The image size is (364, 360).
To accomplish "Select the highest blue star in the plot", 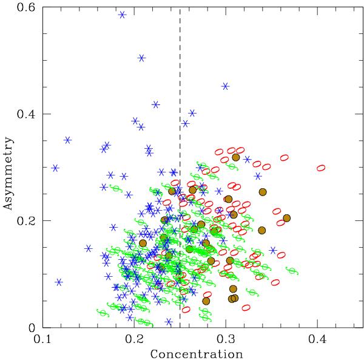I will (x=122, y=15).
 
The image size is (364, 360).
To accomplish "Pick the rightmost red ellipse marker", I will (x=321, y=168).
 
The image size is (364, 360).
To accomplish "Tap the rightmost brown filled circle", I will (x=287, y=218).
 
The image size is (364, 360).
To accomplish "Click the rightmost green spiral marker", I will (x=292, y=271).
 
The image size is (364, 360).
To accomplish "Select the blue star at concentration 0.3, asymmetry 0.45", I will (x=225, y=86).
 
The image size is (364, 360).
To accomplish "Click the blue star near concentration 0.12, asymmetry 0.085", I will (x=59, y=282).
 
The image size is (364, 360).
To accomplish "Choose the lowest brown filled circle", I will (x=206, y=301).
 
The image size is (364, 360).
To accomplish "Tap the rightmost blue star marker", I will (x=273, y=250).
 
